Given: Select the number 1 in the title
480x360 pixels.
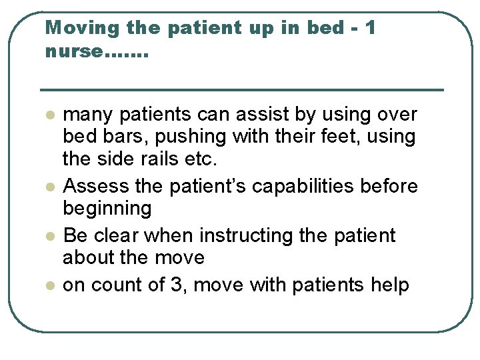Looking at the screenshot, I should coord(371,29).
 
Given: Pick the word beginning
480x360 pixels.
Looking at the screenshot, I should coord(107,209).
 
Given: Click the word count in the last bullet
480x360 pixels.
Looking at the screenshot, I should coord(113,285).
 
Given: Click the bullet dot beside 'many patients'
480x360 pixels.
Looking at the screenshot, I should coord(49,115).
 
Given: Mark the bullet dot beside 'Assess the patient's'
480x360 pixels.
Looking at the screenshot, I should coord(49,187).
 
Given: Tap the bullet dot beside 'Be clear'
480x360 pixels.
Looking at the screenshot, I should coord(49,236).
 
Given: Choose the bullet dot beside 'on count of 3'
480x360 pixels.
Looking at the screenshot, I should coord(49,285).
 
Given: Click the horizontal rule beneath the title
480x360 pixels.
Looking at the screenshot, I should coord(241,89).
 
